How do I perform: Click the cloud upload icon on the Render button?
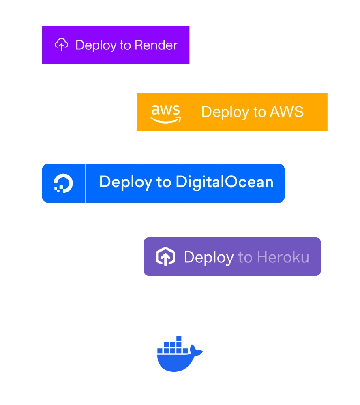pos(61,45)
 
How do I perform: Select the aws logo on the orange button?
pos(165,113)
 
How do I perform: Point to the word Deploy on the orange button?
pos(222,112)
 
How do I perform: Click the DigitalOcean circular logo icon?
pos(63,183)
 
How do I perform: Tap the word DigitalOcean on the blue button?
pos(224,182)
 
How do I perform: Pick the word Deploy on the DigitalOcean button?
pos(125,182)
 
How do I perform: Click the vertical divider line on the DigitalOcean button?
pos(86,183)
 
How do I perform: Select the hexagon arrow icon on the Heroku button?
pos(165,257)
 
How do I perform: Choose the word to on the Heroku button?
pos(245,257)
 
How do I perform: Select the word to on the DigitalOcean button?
pos(163,182)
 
